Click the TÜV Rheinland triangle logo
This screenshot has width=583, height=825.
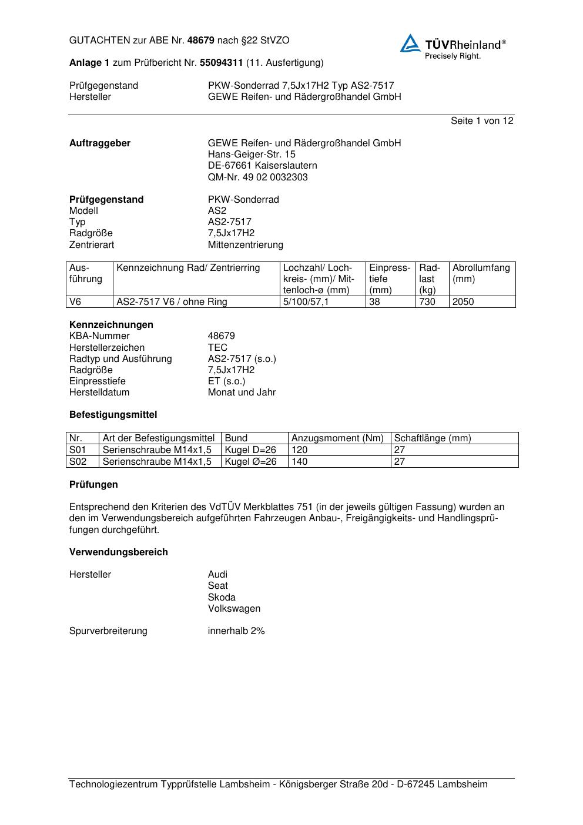click(410, 43)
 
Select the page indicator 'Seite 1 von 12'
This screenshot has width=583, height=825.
click(482, 121)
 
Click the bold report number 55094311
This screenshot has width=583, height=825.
click(222, 63)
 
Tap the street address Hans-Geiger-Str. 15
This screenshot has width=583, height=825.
click(252, 155)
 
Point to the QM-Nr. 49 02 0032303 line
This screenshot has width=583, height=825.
click(257, 177)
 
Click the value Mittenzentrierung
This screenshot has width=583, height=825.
click(245, 244)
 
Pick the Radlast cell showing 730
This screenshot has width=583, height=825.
click(427, 302)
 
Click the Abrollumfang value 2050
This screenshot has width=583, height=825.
click(463, 302)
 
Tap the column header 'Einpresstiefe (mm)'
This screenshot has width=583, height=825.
click(389, 279)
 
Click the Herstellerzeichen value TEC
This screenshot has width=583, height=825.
click(217, 347)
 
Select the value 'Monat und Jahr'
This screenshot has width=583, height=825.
click(242, 392)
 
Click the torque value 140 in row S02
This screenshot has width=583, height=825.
click(299, 461)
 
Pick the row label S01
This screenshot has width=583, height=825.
click(78, 450)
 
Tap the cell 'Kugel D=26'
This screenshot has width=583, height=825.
click(250, 450)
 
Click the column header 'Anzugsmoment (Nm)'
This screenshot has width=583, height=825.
click(337, 438)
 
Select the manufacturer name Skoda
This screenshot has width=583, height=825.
click(222, 597)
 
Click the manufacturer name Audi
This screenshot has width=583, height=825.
click(217, 574)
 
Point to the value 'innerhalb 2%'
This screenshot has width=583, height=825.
click(236, 631)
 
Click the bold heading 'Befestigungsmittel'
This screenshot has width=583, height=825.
click(113, 414)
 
